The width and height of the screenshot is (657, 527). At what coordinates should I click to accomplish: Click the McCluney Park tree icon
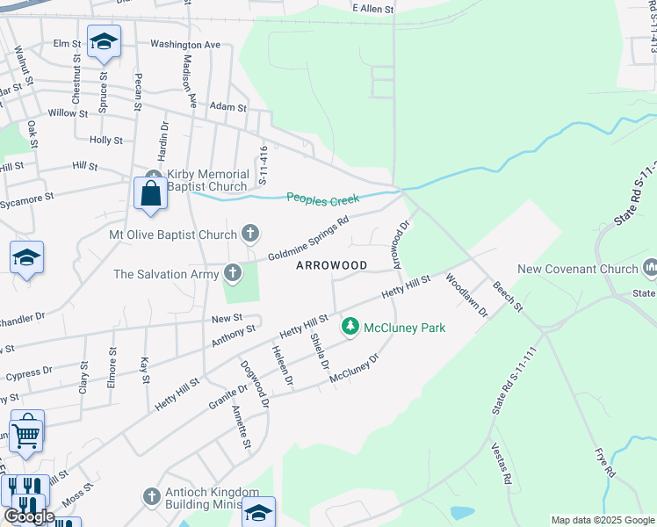tap(350, 327)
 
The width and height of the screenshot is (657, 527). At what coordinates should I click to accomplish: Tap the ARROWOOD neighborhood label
tap(331, 264)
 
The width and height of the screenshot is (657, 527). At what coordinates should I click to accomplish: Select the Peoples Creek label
tap(323, 199)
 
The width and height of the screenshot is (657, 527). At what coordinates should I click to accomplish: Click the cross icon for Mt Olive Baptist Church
tap(250, 234)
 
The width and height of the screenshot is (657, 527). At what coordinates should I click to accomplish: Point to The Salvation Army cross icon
tap(233, 273)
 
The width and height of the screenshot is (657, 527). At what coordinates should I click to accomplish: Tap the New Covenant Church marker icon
tap(651, 266)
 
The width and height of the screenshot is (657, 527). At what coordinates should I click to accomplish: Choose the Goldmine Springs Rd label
tap(308, 237)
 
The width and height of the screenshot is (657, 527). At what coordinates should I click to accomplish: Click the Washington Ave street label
tap(184, 43)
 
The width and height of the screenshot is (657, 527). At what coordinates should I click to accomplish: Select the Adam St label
tap(228, 106)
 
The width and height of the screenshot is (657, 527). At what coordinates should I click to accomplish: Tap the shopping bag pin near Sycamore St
tap(150, 193)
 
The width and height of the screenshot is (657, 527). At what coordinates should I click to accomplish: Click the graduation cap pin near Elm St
tap(104, 42)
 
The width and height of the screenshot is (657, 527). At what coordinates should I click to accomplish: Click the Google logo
tap(28, 516)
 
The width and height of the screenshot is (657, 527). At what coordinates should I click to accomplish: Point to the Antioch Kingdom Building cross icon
tap(152, 497)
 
